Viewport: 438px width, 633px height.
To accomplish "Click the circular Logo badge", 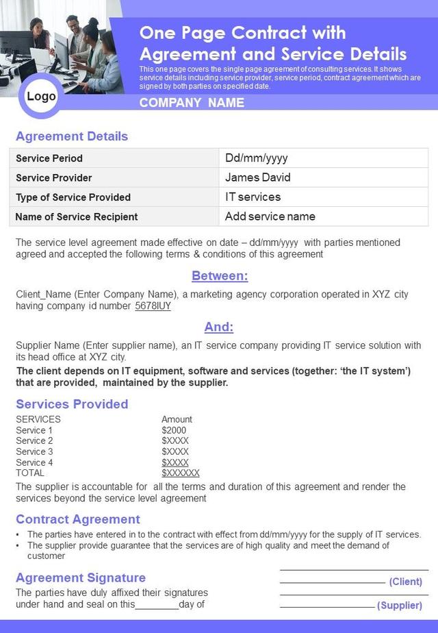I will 41,97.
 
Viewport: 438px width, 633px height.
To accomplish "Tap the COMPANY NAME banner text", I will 192,103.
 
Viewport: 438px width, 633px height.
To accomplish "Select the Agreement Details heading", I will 72,136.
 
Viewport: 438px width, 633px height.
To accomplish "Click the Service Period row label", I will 49,158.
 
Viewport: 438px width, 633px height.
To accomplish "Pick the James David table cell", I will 258,177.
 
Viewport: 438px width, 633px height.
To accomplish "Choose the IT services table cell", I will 253,197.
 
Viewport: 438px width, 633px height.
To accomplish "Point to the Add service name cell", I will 270,216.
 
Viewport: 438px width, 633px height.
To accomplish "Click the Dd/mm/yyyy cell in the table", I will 257,158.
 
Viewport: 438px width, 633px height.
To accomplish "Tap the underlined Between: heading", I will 220,276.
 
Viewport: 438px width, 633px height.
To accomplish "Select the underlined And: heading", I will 219,327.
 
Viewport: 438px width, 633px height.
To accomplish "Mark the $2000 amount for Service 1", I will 174,430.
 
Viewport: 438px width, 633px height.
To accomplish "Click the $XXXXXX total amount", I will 181,473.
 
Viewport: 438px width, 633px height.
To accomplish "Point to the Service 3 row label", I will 34,451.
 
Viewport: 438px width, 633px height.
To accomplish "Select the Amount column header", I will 177,419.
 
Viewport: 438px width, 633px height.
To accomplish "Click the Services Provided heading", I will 72,404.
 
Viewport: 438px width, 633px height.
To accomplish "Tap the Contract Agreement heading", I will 78,519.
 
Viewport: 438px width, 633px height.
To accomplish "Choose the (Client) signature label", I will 405,582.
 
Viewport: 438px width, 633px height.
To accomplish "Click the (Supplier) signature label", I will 400,606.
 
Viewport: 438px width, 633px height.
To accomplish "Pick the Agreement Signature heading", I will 81,578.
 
